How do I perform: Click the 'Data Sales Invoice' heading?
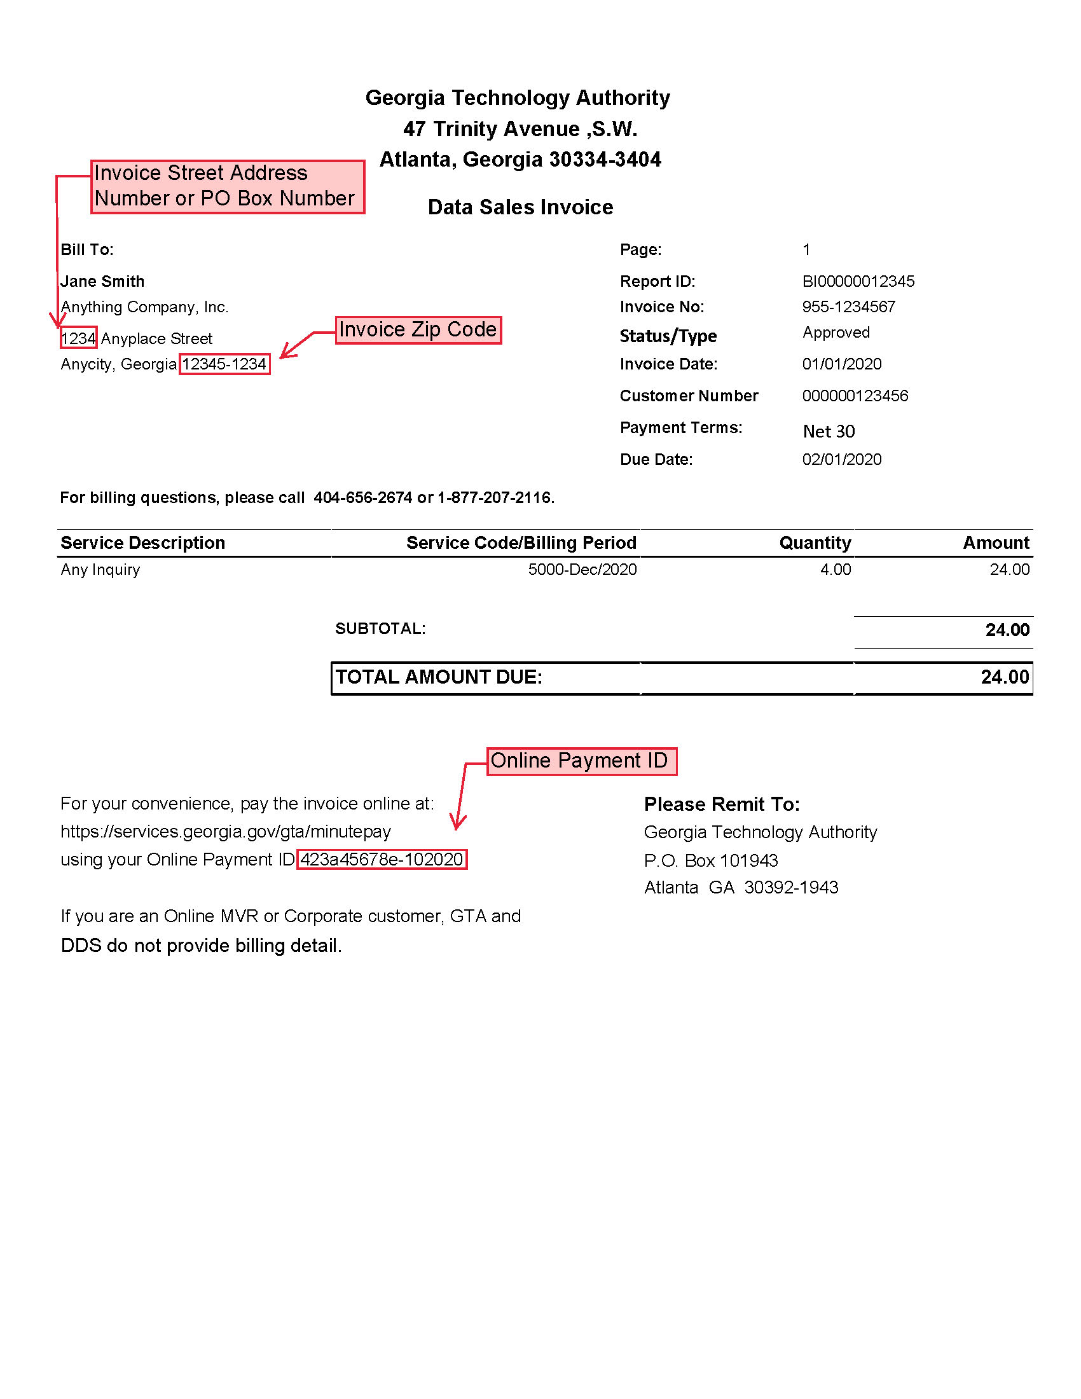[x=520, y=207]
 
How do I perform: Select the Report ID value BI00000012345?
[x=858, y=281]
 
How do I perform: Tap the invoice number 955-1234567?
[x=848, y=307]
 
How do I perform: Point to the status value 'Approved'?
[x=836, y=333]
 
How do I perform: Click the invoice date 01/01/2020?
[x=841, y=364]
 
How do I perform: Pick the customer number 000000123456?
[x=855, y=396]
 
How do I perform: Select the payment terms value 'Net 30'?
[x=829, y=431]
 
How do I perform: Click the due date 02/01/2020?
[x=841, y=459]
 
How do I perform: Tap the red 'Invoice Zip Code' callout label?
[x=418, y=330]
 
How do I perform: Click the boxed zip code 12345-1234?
[x=224, y=364]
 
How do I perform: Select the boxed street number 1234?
[x=78, y=338]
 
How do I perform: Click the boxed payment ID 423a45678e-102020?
[x=382, y=859]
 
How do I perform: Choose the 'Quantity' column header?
[x=815, y=542]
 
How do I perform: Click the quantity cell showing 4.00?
[x=836, y=570]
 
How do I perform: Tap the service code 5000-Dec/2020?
[x=582, y=570]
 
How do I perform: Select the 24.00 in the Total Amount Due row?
[x=1005, y=677]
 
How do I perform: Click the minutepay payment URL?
[x=226, y=832]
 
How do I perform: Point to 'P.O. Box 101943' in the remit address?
[x=711, y=860]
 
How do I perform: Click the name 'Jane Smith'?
[x=102, y=281]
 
